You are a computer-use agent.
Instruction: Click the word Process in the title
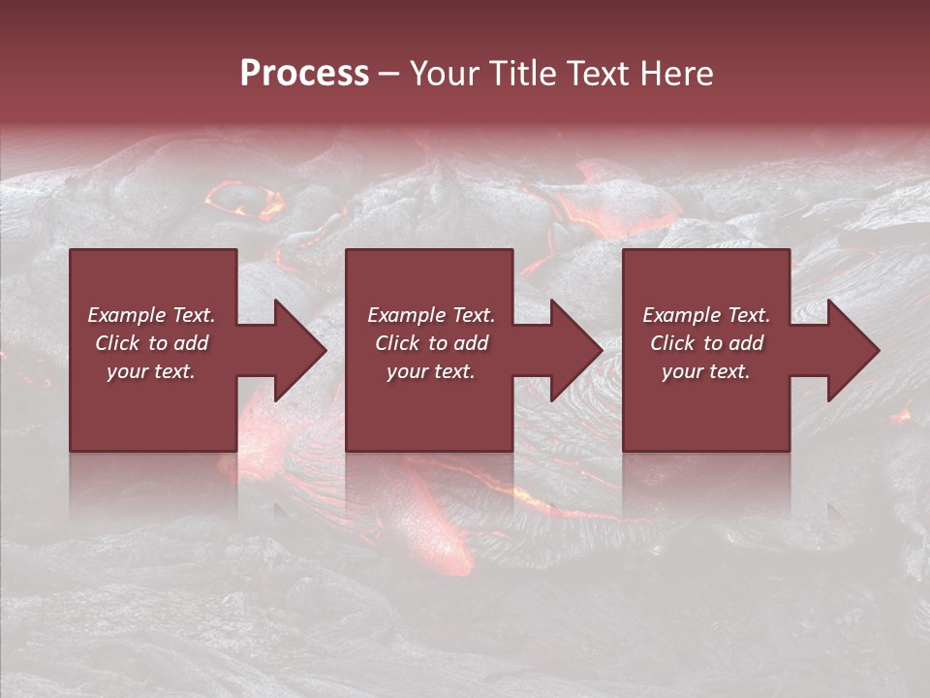coord(304,74)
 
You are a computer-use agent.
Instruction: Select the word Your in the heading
coord(447,74)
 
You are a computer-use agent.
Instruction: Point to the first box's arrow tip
coord(325,350)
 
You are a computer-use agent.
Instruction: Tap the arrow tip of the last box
coord(878,350)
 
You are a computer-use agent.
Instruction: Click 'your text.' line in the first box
coord(151,371)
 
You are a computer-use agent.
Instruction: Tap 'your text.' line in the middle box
coord(430,371)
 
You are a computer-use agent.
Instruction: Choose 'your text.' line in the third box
coord(706,371)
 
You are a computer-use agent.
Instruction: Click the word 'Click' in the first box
coord(117,343)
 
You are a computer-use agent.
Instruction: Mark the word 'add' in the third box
coord(747,343)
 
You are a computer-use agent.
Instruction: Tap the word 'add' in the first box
coord(192,343)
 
